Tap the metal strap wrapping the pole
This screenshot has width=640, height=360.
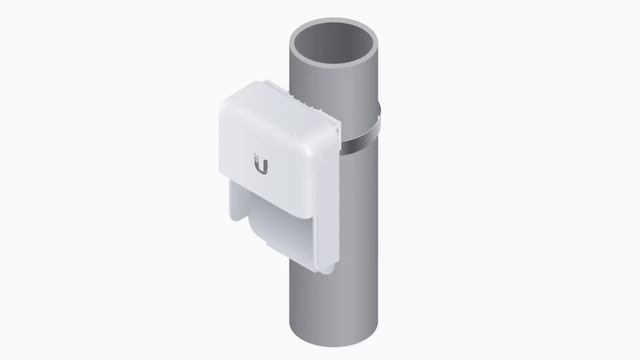(x=359, y=140)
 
